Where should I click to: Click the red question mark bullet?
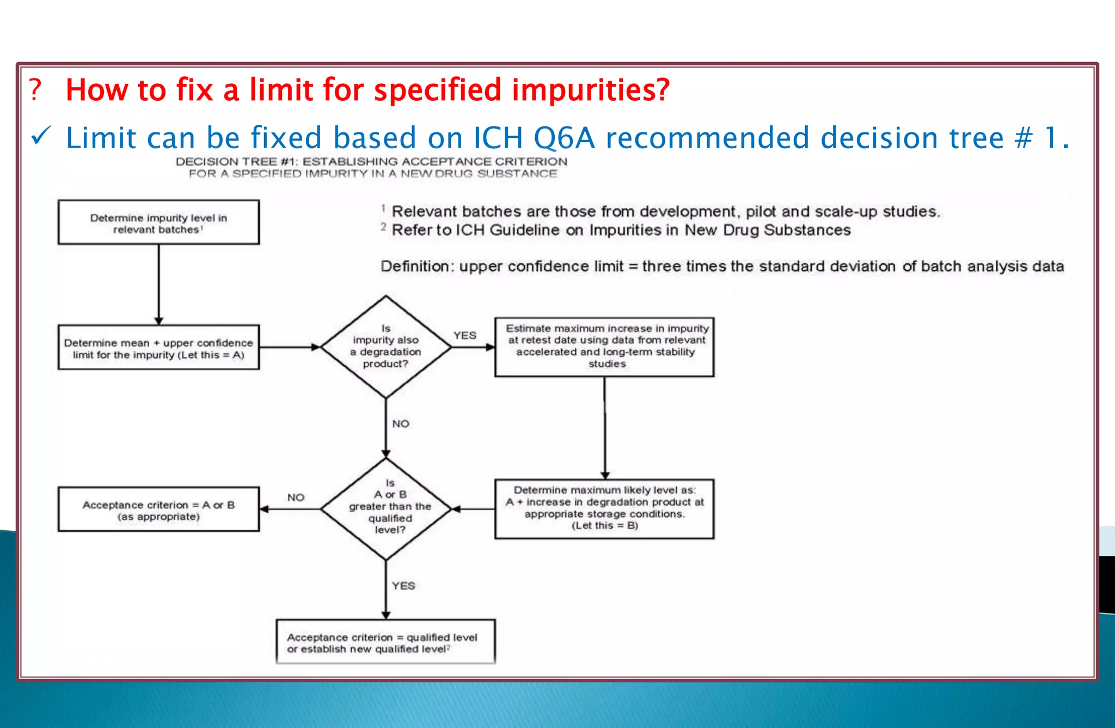tap(35, 90)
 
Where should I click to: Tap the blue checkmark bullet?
tap(41, 136)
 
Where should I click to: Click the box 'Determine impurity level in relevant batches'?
tap(158, 222)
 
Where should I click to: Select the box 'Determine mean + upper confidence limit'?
tap(158, 348)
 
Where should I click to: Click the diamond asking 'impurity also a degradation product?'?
tap(386, 347)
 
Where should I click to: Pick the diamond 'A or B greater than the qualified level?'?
tap(386, 508)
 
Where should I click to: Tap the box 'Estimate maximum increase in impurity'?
tap(604, 347)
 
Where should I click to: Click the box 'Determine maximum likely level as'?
tap(604, 508)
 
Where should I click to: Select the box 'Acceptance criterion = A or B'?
tap(158, 509)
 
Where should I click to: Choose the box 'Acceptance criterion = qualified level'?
tap(385, 642)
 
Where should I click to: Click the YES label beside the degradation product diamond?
tap(465, 335)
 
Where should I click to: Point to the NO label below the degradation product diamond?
tap(401, 423)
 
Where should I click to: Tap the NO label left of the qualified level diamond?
tap(296, 497)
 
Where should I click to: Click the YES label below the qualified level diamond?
tap(403, 585)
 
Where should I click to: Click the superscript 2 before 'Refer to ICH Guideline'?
tap(383, 227)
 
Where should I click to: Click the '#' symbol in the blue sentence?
tap(1023, 137)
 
